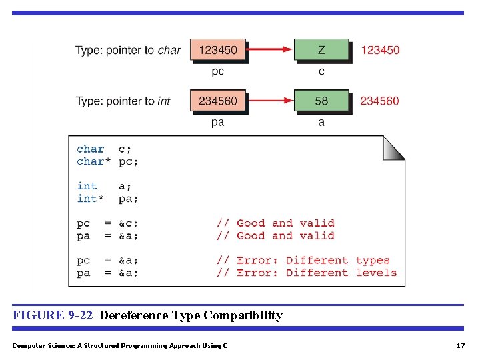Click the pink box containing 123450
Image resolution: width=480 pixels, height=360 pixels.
tap(218, 50)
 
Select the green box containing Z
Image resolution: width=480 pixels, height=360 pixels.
tap(321, 50)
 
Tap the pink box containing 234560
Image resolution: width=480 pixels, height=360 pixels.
tap(218, 101)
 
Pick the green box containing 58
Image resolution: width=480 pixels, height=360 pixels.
tap(321, 101)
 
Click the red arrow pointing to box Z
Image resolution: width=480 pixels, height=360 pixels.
tap(270, 49)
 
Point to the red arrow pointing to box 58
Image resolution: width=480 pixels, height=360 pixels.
tap(270, 101)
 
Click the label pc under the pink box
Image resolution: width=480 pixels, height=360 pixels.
tap(217, 71)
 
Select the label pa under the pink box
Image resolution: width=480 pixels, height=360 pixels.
tap(217, 123)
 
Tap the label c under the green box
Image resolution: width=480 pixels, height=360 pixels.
tap(321, 71)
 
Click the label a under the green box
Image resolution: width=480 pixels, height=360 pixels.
tap(321, 123)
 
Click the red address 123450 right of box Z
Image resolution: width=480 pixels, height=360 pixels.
tap(380, 50)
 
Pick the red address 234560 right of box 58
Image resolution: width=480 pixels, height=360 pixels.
tap(379, 101)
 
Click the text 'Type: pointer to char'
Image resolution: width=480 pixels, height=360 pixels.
tap(128, 50)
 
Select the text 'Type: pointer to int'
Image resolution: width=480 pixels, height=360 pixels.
tap(123, 101)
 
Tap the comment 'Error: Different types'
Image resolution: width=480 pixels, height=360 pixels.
tap(303, 261)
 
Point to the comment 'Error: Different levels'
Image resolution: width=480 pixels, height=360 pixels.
tap(307, 273)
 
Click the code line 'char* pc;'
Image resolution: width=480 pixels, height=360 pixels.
tap(107, 161)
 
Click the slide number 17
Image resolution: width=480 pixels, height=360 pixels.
tap(460, 345)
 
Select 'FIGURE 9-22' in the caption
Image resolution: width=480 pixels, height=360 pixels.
tap(53, 315)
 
